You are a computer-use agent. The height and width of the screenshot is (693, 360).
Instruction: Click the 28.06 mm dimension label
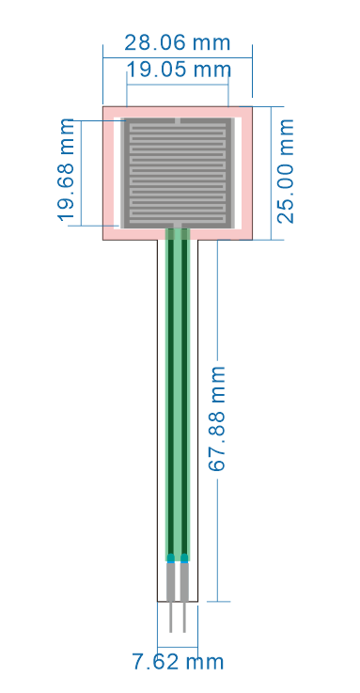click(176, 42)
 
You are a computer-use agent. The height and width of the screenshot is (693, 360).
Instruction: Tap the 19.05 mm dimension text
click(178, 69)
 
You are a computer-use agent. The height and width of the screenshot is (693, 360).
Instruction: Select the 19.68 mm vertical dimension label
click(67, 170)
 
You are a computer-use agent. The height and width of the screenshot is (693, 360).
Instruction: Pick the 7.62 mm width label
click(178, 662)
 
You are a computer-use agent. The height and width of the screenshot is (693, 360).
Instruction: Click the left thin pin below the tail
click(171, 617)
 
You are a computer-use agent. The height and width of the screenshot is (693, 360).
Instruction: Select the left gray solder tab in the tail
click(171, 582)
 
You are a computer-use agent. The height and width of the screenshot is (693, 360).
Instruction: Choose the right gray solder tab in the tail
click(185, 582)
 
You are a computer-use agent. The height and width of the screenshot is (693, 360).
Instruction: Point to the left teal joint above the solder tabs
click(171, 559)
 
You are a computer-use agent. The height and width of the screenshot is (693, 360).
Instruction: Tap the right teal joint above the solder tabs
click(185, 559)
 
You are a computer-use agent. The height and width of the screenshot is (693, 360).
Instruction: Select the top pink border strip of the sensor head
click(177, 111)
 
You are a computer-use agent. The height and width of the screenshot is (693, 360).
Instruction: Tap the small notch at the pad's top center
click(178, 120)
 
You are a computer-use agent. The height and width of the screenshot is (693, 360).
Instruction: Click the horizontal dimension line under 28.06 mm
click(176, 57)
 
